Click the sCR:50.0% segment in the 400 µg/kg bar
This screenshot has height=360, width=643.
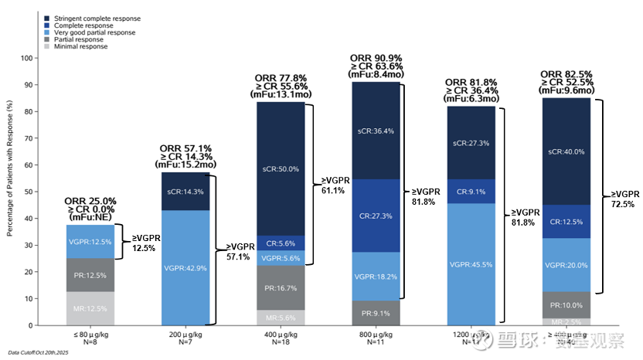click(281, 168)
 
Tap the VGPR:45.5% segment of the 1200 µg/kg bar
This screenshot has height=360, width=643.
click(471, 264)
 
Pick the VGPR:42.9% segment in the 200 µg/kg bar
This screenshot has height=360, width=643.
click(185, 267)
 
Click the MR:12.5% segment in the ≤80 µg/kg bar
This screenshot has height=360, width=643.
click(90, 308)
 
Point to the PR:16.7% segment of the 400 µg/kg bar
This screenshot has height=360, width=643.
click(281, 287)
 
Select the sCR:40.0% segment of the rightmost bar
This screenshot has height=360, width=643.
click(566, 151)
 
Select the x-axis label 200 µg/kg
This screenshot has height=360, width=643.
click(185, 335)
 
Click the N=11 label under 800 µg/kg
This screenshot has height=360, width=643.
click(376, 341)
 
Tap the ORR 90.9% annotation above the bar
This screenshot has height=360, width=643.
click(376, 58)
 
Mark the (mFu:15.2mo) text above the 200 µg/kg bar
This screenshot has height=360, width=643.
click(185, 164)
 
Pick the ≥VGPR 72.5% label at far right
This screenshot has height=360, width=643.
click(624, 199)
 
